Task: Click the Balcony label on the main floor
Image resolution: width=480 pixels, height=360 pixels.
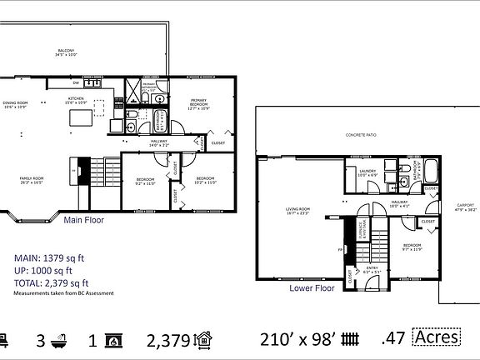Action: pyautogui.click(x=65, y=52)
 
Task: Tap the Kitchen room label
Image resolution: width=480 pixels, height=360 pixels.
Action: pyautogui.click(x=76, y=100)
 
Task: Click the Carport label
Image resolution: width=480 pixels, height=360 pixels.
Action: pyautogui.click(x=465, y=207)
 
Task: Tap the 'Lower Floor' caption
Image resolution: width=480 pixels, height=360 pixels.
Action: pyautogui.click(x=312, y=288)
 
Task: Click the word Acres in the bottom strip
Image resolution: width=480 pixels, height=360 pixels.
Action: pyautogui.click(x=436, y=337)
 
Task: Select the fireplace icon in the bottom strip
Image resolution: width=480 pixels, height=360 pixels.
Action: pyautogui.click(x=117, y=339)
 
